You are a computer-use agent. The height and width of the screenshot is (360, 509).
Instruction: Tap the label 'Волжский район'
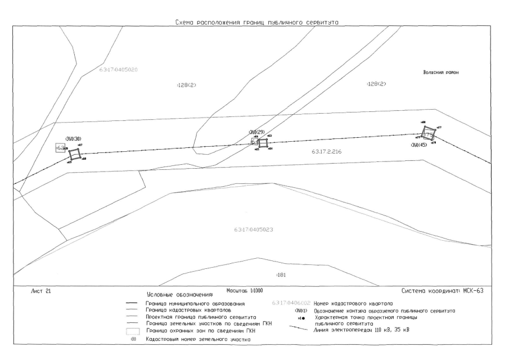tap(441, 73)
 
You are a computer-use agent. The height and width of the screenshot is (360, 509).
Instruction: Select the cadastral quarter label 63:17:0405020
tap(119, 70)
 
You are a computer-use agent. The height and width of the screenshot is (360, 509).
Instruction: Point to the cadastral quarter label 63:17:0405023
tap(254, 230)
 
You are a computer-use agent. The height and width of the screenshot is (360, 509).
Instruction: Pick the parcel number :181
tap(281, 275)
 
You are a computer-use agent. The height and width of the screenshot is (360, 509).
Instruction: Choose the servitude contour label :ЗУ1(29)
tap(256, 132)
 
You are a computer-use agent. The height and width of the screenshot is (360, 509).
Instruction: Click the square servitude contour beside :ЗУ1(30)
tap(75, 154)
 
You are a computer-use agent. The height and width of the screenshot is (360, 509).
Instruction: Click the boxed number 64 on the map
tap(254, 142)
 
